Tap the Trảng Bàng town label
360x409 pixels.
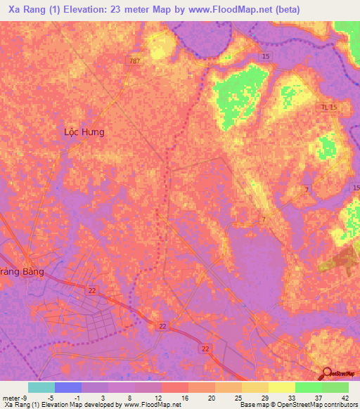coord(22,271)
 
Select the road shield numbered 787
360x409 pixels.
coord(134,61)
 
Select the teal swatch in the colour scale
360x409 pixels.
coord(41,387)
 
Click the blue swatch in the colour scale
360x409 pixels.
coord(67,387)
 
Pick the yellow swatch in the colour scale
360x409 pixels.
coord(255,387)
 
